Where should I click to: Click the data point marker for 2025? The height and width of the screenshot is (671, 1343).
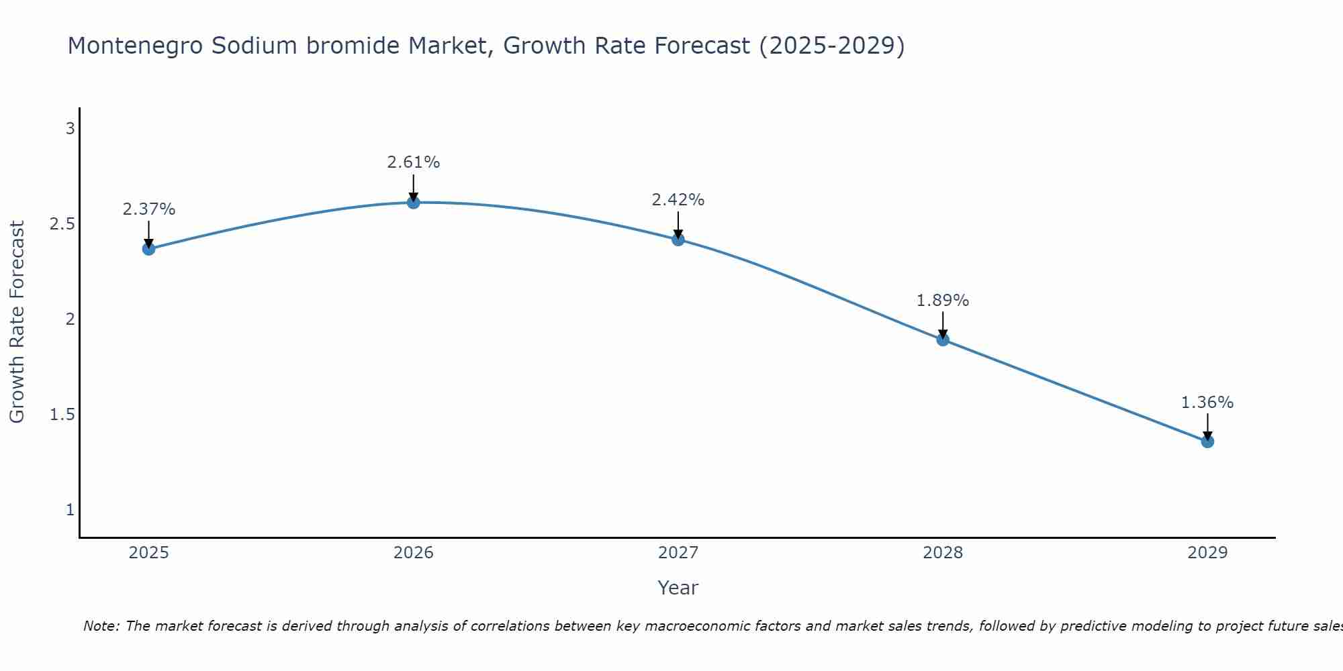coord(148,249)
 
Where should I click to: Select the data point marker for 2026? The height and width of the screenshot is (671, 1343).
coord(414,202)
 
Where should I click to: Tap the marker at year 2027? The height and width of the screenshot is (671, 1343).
coord(678,240)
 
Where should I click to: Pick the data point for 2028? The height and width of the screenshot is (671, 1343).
coord(943,340)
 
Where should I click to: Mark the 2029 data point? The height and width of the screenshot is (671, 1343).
coord(1207,442)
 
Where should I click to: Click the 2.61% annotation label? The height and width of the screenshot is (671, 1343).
coord(414,162)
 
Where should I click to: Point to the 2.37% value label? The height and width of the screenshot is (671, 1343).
coord(148,209)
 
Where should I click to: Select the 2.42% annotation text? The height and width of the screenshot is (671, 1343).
coord(678,200)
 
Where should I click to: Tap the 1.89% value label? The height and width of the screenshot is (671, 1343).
coord(943,301)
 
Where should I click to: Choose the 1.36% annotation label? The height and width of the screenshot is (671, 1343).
coord(1207,403)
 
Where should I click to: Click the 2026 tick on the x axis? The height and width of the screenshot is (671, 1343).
coord(414,553)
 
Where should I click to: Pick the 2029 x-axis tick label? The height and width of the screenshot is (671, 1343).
coord(1207,553)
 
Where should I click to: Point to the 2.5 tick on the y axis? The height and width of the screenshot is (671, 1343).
coord(62,224)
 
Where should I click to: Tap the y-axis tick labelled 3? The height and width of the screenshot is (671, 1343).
coord(70,129)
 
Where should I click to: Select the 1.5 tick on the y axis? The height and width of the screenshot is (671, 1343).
coord(62,415)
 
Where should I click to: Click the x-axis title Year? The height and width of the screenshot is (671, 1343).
coord(678,588)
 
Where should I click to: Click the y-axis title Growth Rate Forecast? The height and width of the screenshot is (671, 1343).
coord(17,322)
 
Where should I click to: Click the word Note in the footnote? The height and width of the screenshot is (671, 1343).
coord(101,626)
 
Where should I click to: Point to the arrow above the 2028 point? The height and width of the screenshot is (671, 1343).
coord(943,325)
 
